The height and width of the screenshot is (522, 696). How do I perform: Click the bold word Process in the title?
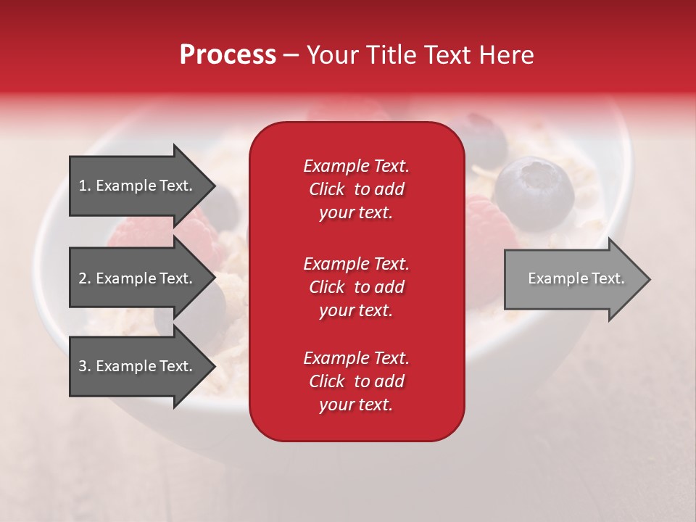coord(228,55)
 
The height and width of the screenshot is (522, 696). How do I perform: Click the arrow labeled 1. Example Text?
coord(142,186)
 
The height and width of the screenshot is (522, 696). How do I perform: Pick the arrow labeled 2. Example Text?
coord(142,278)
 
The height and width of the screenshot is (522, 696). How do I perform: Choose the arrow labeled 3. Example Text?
coord(142,365)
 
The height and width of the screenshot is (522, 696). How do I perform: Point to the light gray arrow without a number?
coord(577,278)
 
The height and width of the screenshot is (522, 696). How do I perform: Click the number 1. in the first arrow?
coord(85,186)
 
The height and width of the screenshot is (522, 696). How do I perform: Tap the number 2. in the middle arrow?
coord(85,278)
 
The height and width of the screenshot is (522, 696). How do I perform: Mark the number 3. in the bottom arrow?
coord(85,365)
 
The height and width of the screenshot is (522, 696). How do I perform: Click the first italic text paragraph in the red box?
coord(357,189)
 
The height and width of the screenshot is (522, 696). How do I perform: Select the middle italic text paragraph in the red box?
coord(357,287)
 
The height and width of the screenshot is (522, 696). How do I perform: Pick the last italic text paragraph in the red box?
coord(357,381)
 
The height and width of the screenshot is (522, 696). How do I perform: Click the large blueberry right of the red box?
coord(534,194)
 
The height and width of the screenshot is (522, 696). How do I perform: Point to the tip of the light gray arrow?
coord(651,279)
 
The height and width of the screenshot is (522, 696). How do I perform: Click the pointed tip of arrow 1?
coord(216,186)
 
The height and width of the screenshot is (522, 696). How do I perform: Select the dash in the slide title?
coord(291,56)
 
